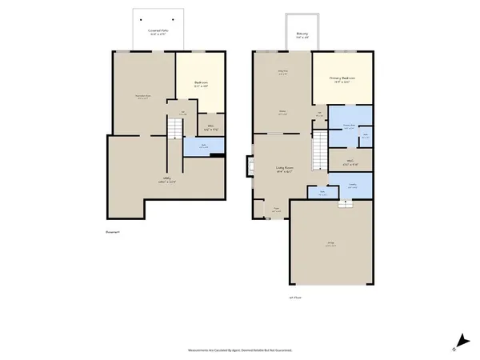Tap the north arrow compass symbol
460,342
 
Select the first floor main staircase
319,148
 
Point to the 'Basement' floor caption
111,234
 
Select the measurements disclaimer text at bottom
240,350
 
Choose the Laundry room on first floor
351,186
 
